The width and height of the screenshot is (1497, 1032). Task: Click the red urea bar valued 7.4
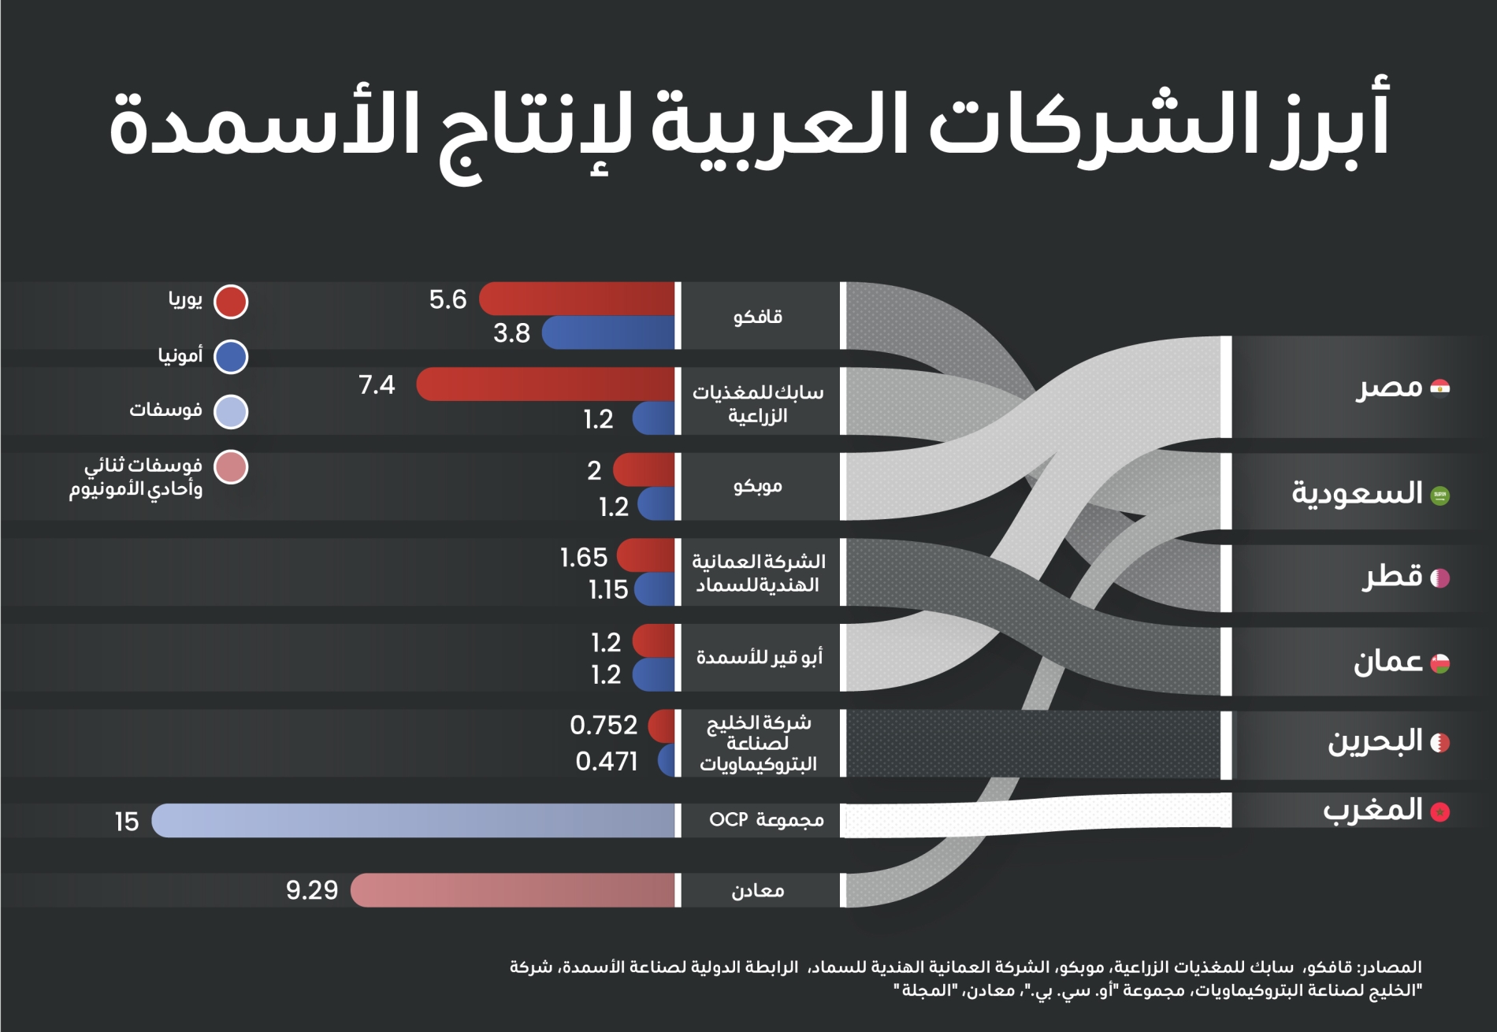point(544,384)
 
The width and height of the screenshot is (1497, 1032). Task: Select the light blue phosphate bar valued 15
point(414,821)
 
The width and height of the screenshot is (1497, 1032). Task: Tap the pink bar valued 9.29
point(512,890)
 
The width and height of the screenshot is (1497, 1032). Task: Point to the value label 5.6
point(448,299)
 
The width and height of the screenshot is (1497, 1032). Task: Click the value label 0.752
point(604,725)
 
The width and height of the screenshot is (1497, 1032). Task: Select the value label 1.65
point(584,558)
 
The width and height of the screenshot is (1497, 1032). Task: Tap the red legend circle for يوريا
point(231,302)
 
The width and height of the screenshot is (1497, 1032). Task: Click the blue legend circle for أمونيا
point(231,357)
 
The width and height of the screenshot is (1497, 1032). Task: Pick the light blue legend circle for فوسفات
point(231,412)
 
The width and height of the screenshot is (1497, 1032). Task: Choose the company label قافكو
point(758,317)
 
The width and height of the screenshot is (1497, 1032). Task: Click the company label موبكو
point(758,486)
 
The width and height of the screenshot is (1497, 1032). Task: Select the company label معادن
point(758,891)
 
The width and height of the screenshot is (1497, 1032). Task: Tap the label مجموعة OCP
point(766,820)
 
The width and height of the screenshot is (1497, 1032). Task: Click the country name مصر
point(1389,387)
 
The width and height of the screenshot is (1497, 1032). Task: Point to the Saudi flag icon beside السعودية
point(1440,496)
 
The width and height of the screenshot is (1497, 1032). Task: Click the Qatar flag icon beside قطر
point(1439,578)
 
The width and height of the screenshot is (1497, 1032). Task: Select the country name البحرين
point(1375,741)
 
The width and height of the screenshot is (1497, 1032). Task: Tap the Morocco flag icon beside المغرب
point(1440,812)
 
